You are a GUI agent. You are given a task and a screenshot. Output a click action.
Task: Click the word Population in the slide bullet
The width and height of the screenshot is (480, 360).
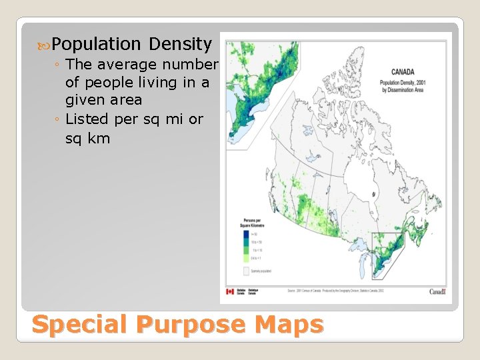[96, 45]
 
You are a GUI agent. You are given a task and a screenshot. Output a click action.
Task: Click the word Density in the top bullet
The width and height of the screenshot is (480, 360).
[180, 45]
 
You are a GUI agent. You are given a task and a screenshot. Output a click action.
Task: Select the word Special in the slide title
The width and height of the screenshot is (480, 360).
[79, 325]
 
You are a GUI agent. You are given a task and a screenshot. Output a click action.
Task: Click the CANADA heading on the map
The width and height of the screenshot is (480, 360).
[402, 72]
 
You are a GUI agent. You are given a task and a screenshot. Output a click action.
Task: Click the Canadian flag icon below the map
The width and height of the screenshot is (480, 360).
[231, 291]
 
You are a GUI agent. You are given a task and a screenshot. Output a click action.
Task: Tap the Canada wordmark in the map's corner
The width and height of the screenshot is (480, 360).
[437, 291]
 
